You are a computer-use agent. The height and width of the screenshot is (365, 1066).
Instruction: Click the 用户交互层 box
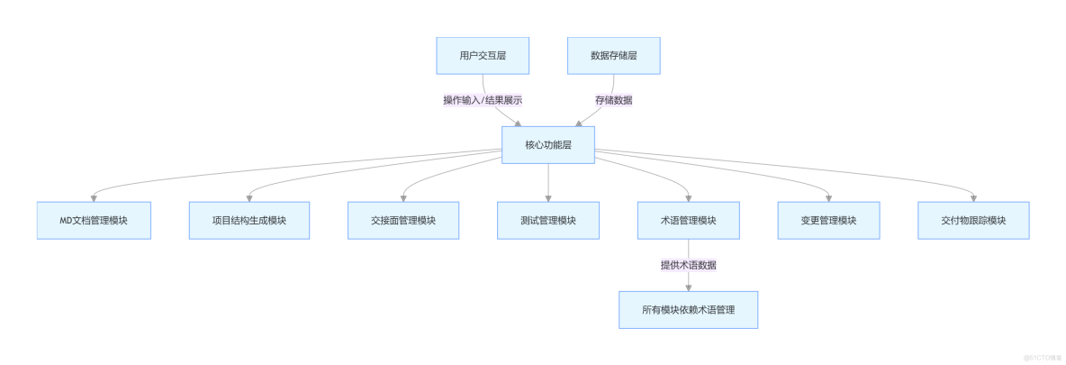coord(482,56)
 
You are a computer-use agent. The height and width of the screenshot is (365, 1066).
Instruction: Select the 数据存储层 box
coord(613,56)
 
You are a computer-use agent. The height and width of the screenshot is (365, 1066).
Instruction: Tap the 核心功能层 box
coord(547,144)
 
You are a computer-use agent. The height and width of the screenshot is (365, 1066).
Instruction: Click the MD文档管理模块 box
coord(94,220)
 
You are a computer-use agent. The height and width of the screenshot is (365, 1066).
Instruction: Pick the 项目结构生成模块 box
coord(248,220)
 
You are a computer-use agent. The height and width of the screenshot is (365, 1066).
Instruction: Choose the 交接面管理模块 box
coord(403,220)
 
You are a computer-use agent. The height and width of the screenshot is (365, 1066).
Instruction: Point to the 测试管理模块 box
coord(547,220)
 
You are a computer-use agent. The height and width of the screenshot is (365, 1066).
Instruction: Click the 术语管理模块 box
coord(689,220)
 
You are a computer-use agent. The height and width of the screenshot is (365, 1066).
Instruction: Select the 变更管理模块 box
coord(829,220)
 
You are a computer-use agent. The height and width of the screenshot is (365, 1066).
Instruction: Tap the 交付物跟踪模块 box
coord(973,220)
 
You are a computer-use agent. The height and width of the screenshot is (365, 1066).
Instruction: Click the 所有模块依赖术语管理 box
coord(689,309)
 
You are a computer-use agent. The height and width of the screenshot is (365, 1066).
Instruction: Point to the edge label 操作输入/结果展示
coord(482,100)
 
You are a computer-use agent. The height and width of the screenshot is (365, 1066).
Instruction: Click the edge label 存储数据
coord(613,100)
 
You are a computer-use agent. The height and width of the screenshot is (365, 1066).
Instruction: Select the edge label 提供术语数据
coord(689,265)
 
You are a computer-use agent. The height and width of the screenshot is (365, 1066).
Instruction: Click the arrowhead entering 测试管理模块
coord(547,198)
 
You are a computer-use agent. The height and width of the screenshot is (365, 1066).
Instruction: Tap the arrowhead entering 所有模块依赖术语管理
coord(689,287)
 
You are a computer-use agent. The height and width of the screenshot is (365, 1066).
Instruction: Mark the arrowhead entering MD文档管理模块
coord(94,198)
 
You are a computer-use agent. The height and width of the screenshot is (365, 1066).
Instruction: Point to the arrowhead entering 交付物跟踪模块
coord(973,198)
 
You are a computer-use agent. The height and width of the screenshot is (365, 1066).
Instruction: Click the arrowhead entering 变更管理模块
coord(829,198)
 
